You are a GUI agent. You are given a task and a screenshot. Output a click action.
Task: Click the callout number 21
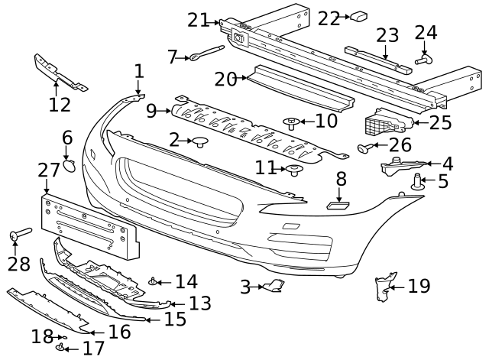pos(198,20)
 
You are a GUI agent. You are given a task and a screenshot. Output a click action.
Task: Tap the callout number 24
pos(426,32)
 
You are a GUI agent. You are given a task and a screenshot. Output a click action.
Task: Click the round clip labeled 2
pos(202,141)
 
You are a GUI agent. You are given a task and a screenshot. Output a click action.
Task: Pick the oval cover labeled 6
pos(68,165)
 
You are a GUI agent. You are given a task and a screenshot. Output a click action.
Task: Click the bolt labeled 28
pos(19,234)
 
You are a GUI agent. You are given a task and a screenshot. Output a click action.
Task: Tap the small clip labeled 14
pos(154,283)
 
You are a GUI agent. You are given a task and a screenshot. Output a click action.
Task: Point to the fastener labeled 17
pos(59,348)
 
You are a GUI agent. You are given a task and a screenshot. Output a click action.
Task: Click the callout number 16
pos(119,332)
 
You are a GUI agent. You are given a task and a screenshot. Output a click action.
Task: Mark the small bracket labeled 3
pos(274,287)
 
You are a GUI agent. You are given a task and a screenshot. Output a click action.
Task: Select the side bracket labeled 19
pos(385,287)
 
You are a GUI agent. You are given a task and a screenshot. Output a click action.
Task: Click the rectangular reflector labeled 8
pos(338,204)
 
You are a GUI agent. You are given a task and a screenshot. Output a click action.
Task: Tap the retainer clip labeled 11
pos(293,169)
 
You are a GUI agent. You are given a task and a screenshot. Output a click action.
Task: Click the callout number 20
pos(226,79)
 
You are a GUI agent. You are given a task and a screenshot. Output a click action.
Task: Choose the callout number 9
pos(151,112)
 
